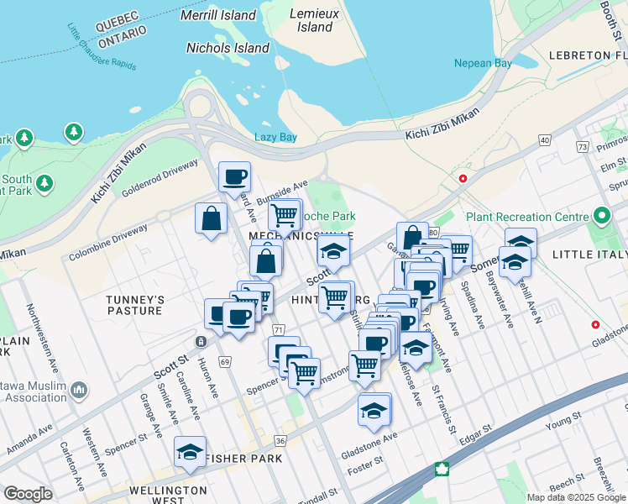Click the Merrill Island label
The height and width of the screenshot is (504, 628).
click(x=218, y=15)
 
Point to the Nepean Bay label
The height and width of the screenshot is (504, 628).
click(x=483, y=63)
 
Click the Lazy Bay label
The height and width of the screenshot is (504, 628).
click(x=275, y=137)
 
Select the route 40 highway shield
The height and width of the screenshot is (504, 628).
click(x=545, y=139)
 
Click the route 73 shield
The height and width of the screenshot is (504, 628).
click(x=582, y=146)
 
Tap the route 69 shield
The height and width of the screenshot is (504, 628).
click(x=224, y=361)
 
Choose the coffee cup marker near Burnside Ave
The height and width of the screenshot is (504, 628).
click(x=234, y=176)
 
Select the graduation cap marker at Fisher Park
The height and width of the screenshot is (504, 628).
click(x=190, y=452)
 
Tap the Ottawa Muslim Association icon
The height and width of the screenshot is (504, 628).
click(x=79, y=390)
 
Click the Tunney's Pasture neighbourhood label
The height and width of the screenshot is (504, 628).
click(x=133, y=304)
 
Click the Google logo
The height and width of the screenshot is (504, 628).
click(x=29, y=494)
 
